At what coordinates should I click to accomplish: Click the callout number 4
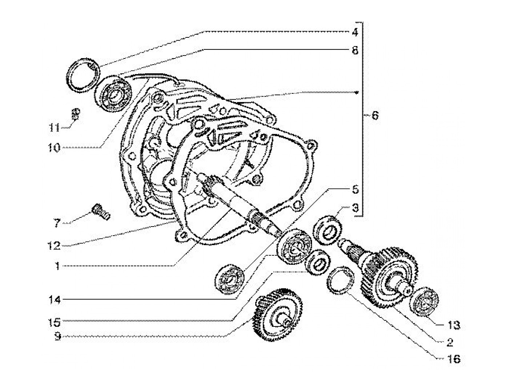click(355, 32)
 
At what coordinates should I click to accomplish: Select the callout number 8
click(355, 50)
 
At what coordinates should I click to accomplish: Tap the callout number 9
click(57, 337)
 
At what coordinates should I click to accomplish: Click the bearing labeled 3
click(328, 228)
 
